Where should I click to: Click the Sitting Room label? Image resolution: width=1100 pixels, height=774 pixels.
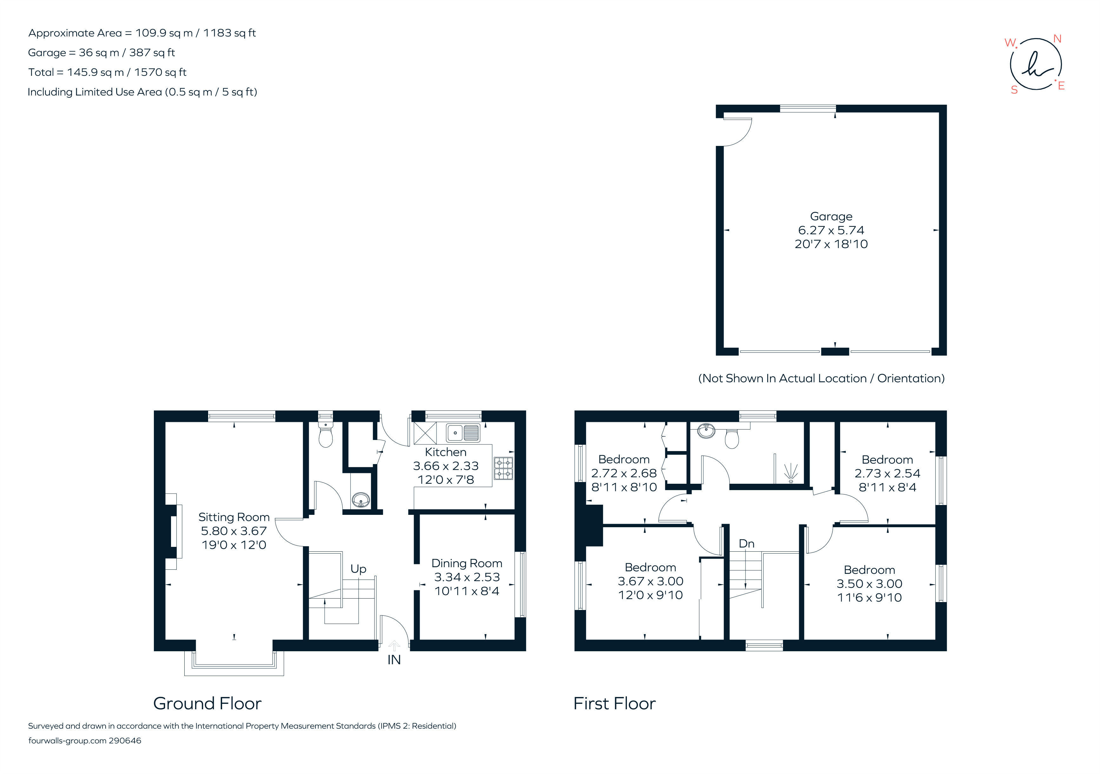pyautogui.click(x=234, y=517)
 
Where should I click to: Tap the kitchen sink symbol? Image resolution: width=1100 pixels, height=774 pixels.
pyautogui.click(x=463, y=433)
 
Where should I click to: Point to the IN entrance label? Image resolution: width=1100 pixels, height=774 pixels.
pyautogui.click(x=394, y=660)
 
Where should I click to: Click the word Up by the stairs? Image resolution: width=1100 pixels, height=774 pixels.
pyautogui.click(x=358, y=569)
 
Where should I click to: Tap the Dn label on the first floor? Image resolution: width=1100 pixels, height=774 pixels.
pyautogui.click(x=747, y=544)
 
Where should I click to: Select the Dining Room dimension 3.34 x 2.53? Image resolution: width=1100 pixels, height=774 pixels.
pyautogui.click(x=467, y=577)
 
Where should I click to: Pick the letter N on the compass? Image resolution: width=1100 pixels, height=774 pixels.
pyautogui.click(x=1057, y=39)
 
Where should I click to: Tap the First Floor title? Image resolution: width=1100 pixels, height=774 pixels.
pyautogui.click(x=614, y=704)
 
